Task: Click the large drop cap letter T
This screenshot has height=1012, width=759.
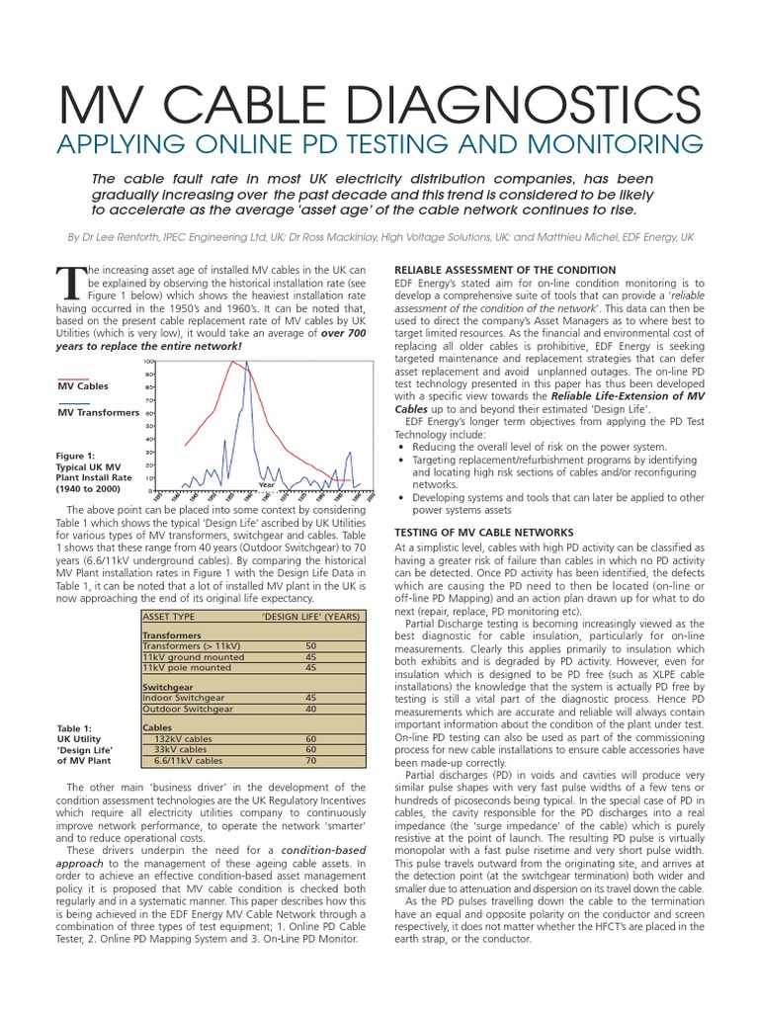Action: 73,285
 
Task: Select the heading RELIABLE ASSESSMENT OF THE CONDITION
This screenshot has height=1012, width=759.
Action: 505,270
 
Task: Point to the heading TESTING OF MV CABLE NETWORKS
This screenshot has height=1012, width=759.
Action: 483,532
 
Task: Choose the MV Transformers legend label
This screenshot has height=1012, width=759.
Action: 98,412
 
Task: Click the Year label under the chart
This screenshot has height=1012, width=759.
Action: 266,484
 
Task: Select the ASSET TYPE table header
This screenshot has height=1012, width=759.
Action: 170,616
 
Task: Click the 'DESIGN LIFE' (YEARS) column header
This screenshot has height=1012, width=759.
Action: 310,616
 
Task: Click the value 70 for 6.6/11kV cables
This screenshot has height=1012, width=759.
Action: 310,761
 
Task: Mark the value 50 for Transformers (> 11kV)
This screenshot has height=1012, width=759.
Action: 310,645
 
